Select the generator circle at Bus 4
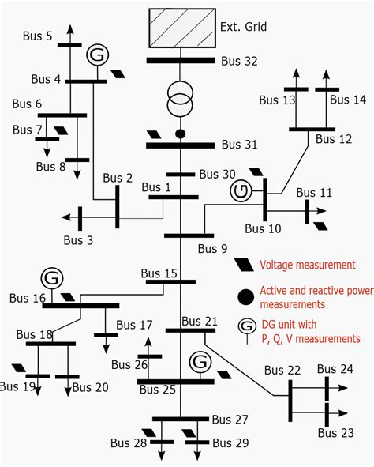pos(98,54)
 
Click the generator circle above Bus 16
pos(52,278)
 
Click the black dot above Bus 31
pos(181,134)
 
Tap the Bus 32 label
pos(239,61)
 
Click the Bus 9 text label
pos(212,249)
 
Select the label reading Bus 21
pos(199,321)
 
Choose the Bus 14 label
pos(348,100)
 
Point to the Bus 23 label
pos(335,432)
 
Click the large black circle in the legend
pos(246,297)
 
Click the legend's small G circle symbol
pos(246,326)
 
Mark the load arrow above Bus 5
pos(69,32)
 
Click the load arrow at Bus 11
pos(320,210)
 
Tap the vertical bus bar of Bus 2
pos(117,205)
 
